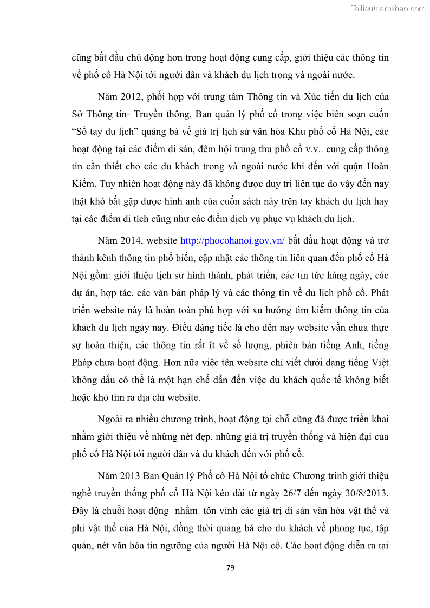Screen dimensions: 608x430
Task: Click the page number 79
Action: [x=230, y=567]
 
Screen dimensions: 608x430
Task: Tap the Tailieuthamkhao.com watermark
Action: [x=388, y=8]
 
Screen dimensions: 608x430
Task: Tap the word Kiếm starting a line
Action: [x=83, y=184]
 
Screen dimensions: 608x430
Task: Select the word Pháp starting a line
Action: [x=84, y=363]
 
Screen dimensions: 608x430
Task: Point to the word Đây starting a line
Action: [x=81, y=511]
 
